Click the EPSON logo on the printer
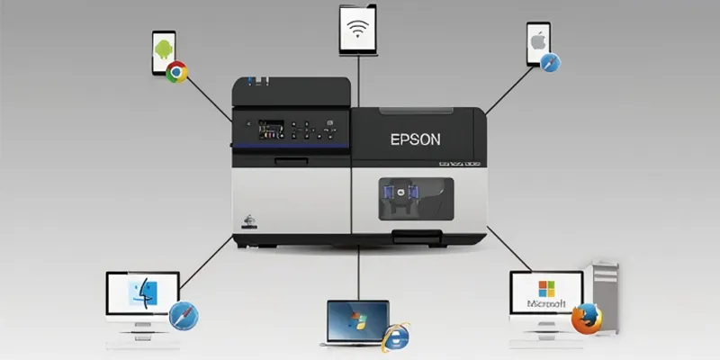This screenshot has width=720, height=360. click(x=416, y=139)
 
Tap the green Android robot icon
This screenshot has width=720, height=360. click(x=163, y=47)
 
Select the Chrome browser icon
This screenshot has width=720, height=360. click(x=176, y=72)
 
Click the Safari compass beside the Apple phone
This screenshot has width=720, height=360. click(x=550, y=63)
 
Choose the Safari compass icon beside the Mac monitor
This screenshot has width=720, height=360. click(x=183, y=317)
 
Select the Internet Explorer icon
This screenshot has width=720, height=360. click(x=395, y=335)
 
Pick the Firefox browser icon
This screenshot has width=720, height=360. click(x=588, y=317)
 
